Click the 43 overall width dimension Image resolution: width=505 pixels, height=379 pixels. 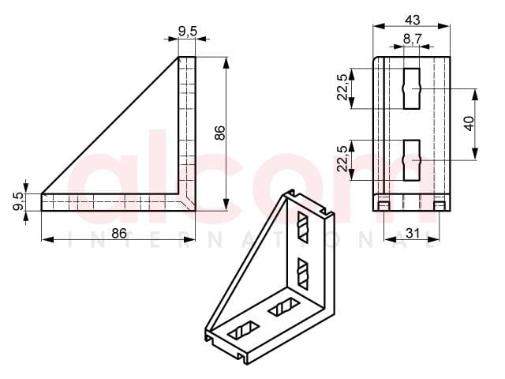click(412, 20)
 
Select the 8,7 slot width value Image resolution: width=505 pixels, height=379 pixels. click(412, 39)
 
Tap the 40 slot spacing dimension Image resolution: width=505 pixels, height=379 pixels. click(470, 123)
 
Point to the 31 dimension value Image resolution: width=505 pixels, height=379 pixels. click(412, 233)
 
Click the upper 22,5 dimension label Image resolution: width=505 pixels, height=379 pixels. click(342, 88)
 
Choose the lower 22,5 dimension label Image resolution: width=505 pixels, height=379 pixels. click(342, 159)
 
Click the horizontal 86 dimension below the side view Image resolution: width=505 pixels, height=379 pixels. click(119, 233)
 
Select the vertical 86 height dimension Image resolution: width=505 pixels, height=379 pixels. click(220, 133)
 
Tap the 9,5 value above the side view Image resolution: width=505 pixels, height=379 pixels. click(187, 32)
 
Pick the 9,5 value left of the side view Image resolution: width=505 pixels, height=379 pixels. click(18, 201)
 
